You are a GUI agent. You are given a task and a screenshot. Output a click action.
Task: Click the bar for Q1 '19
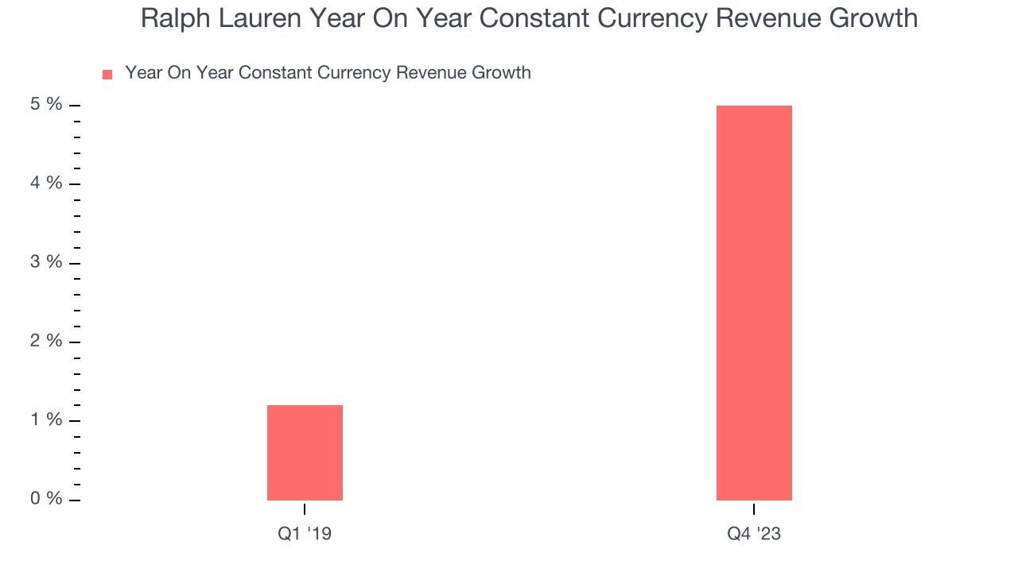(305, 453)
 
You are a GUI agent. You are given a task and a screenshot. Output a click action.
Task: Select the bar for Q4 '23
(754, 303)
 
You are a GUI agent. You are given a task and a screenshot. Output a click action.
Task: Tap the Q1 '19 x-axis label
(305, 534)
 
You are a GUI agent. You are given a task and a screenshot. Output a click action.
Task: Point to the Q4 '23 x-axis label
(754, 534)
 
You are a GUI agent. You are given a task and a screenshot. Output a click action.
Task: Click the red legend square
(107, 75)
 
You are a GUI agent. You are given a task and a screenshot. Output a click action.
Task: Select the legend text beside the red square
(328, 73)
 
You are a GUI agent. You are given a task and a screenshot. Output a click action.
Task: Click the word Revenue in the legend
(429, 73)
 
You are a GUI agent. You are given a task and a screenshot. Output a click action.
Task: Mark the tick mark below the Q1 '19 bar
(305, 508)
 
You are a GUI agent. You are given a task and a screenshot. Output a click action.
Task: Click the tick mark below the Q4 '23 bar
(754, 508)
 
